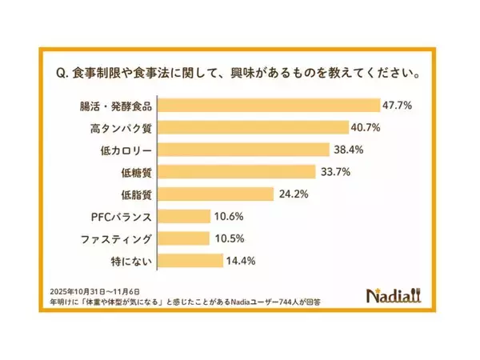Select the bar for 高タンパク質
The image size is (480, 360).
253,127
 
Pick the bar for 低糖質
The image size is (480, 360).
236,171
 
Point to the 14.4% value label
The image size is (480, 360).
242,260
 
